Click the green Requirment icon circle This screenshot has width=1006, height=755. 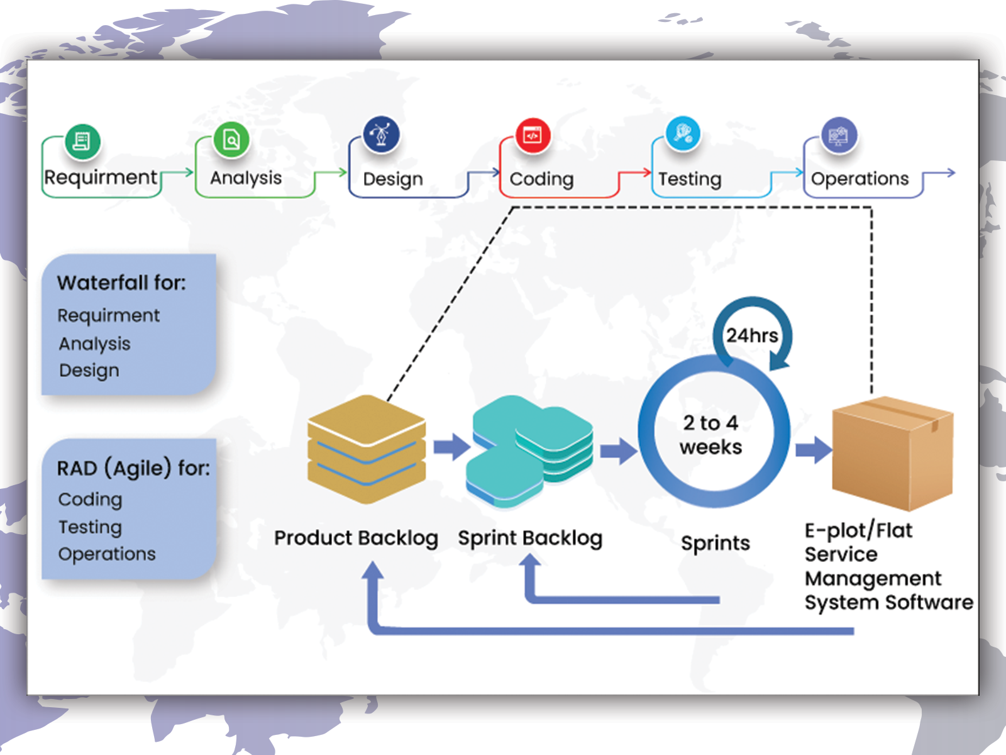(x=82, y=141)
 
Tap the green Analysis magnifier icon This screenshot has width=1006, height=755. (x=231, y=139)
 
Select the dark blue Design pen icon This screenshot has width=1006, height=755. (x=381, y=135)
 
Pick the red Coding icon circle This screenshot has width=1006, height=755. (x=533, y=135)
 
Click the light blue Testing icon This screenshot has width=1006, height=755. (x=683, y=133)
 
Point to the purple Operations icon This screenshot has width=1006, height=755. (x=839, y=135)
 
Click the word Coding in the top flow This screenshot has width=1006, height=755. (x=541, y=179)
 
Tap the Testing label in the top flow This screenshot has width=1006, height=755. (x=690, y=179)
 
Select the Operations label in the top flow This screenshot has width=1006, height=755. (x=860, y=179)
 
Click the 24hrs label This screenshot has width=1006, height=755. (x=752, y=335)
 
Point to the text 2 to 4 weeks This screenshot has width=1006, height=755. (x=711, y=435)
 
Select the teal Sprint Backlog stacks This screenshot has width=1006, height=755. (x=529, y=450)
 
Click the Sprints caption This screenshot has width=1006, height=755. (x=716, y=543)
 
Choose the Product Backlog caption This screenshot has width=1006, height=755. (x=356, y=538)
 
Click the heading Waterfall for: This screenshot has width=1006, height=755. (x=121, y=283)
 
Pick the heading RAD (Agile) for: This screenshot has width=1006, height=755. (x=133, y=468)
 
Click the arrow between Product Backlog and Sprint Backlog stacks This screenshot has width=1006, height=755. (x=451, y=447)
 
